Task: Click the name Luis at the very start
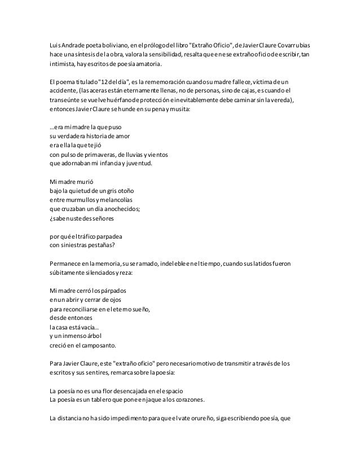pos(55,45)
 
